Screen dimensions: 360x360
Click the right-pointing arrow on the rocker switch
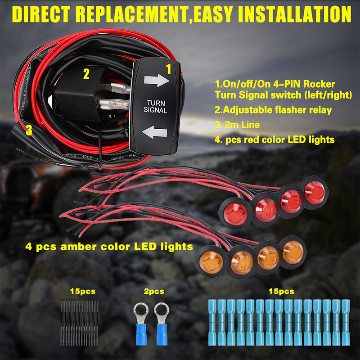[154, 81]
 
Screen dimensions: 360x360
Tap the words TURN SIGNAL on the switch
[155, 106]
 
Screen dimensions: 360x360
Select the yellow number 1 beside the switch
[169, 69]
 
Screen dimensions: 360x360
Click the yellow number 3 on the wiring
[29, 130]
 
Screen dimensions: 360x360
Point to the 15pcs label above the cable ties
[83, 291]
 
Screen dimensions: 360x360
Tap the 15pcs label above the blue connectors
[281, 291]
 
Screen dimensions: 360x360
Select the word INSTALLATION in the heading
[295, 13]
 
